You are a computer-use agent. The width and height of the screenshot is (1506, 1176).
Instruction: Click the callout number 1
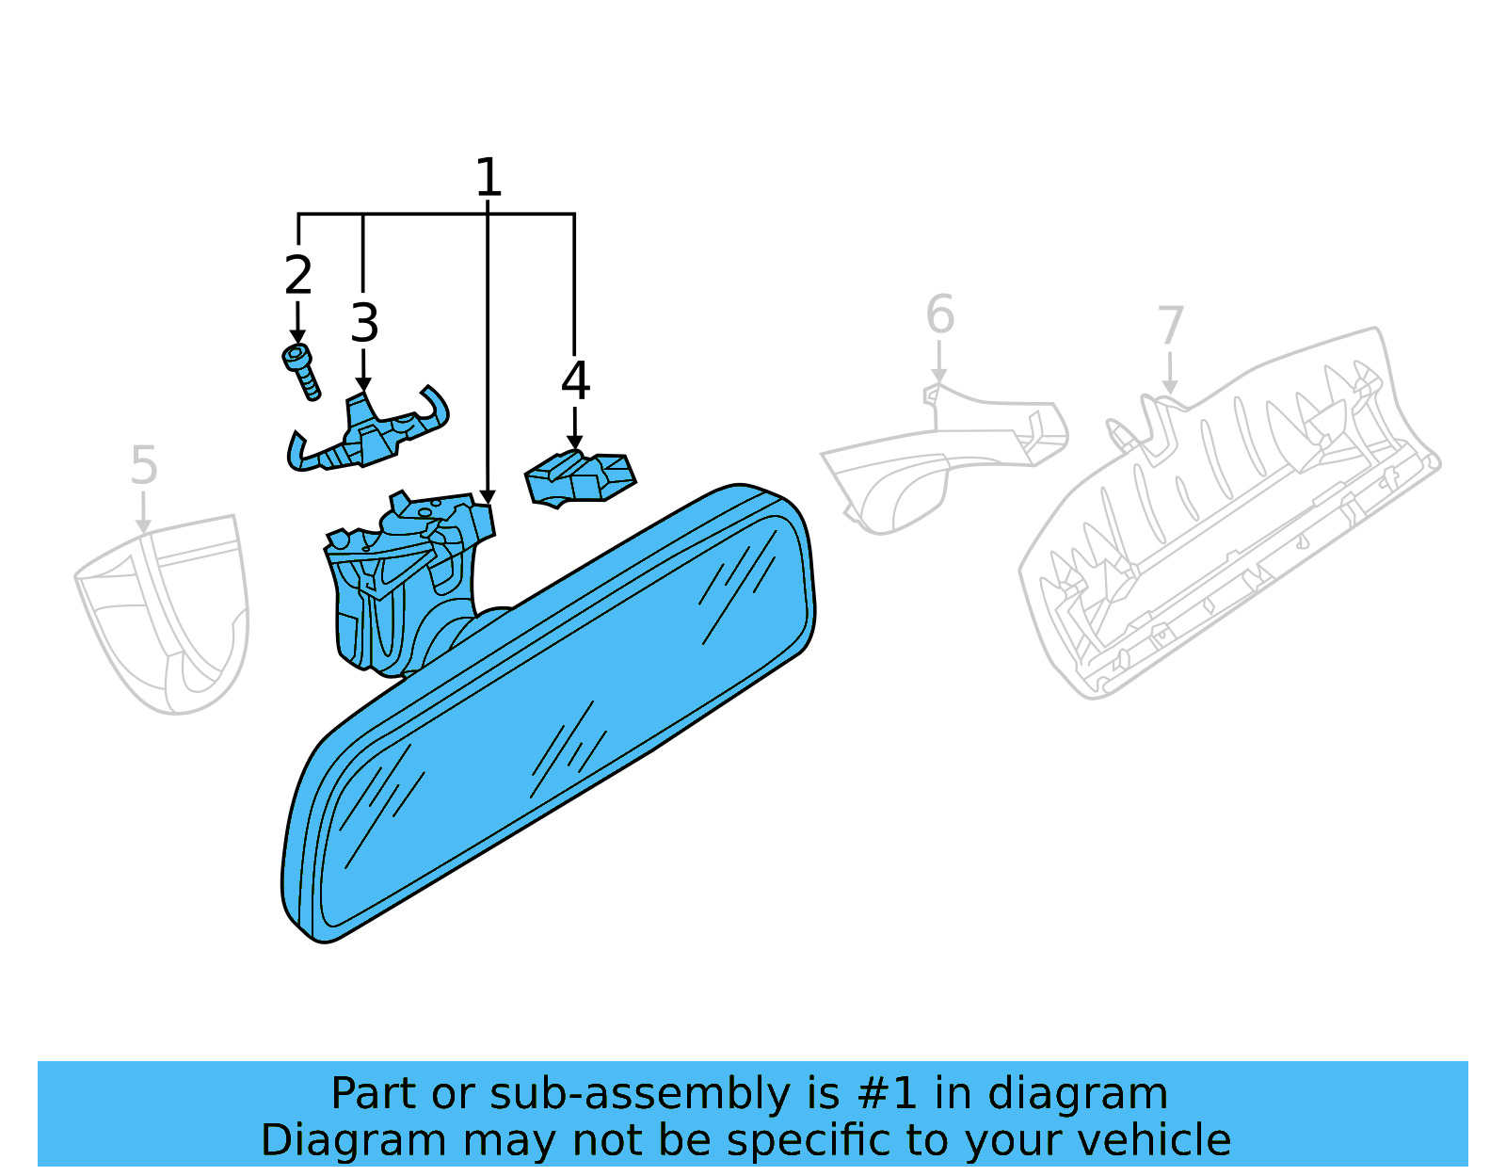tap(488, 177)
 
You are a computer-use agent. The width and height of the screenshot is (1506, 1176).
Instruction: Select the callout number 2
tap(298, 274)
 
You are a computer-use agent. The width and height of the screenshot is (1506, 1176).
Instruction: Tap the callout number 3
tap(364, 322)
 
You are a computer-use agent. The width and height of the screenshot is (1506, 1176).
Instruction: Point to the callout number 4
tap(575, 380)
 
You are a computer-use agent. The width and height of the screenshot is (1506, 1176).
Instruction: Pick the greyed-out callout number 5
tap(144, 465)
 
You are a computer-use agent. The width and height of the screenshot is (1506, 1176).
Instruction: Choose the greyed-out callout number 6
tap(939, 314)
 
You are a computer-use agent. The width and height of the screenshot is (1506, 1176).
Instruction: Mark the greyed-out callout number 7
tap(1171, 325)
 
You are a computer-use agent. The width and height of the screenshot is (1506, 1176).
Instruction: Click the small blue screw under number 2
tap(301, 372)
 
